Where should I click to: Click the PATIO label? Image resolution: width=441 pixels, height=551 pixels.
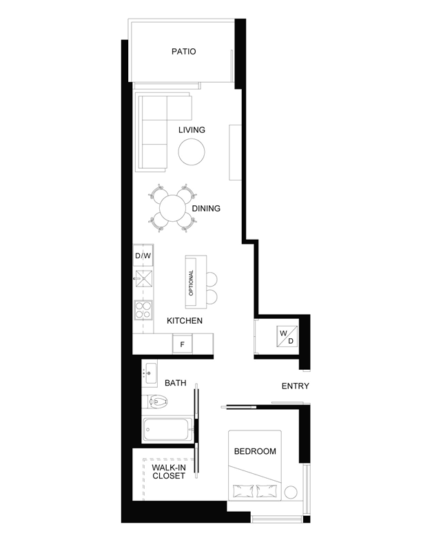pyautogui.click(x=183, y=52)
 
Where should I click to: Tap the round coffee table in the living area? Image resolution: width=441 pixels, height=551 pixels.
pyautogui.click(x=192, y=152)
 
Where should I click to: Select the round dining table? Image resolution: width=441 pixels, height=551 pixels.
pyautogui.click(x=172, y=208)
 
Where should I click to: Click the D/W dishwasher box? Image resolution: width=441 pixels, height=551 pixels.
pyautogui.click(x=143, y=256)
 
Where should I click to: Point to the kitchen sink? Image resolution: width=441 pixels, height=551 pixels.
pyautogui.click(x=144, y=280)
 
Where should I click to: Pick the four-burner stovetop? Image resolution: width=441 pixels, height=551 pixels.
pyautogui.click(x=143, y=311)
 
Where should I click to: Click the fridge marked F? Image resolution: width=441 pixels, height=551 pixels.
pyautogui.click(x=182, y=344)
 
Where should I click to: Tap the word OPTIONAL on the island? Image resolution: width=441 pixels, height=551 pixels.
pyautogui.click(x=192, y=282)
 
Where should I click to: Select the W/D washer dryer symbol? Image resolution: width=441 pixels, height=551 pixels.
pyautogui.click(x=287, y=337)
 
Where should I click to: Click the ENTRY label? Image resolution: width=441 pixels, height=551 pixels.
pyautogui.click(x=296, y=386)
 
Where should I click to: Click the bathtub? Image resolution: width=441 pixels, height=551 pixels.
pyautogui.click(x=167, y=428)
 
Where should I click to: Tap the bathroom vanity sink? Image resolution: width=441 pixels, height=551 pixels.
pyautogui.click(x=150, y=373)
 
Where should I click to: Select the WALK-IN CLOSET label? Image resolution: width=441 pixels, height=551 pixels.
pyautogui.click(x=169, y=472)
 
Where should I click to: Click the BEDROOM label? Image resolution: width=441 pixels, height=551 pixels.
pyautogui.click(x=255, y=451)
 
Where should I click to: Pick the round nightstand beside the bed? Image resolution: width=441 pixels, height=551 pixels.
pyautogui.click(x=291, y=492)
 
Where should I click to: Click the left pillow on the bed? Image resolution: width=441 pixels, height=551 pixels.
pyautogui.click(x=243, y=490)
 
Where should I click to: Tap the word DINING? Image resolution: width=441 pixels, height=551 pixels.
pyautogui.click(x=206, y=209)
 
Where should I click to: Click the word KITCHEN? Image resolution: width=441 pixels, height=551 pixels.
pyautogui.click(x=185, y=321)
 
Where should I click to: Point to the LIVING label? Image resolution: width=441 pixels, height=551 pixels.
pyautogui.click(x=192, y=130)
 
